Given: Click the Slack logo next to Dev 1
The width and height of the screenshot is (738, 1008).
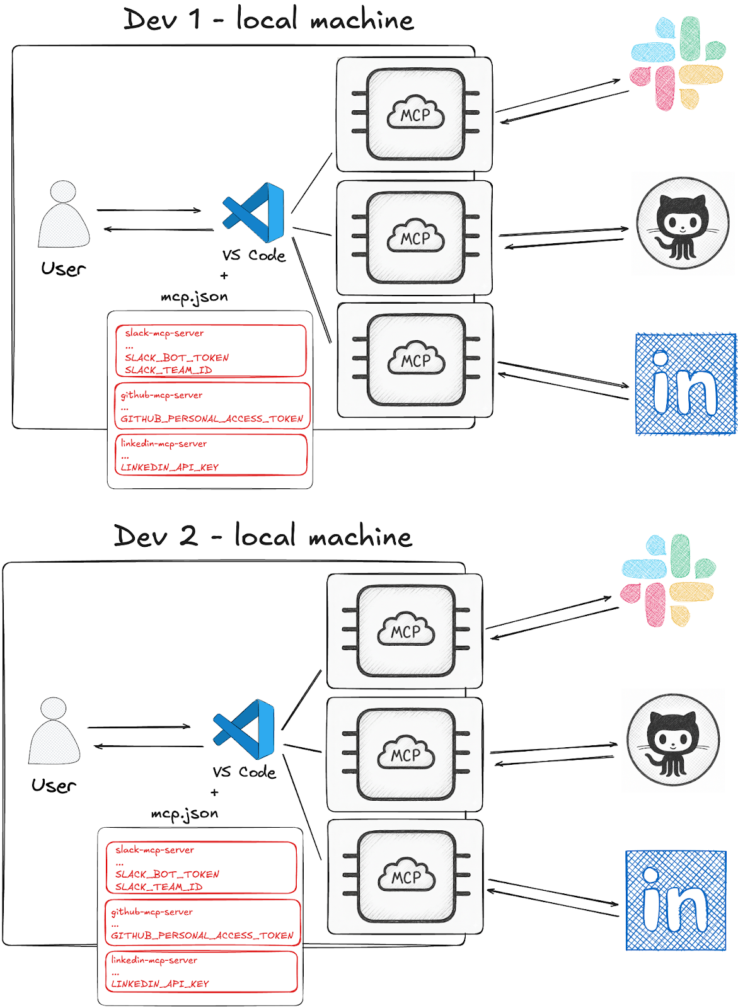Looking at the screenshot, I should click(x=677, y=64).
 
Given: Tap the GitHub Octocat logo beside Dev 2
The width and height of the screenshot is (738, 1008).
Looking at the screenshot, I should click(x=673, y=740).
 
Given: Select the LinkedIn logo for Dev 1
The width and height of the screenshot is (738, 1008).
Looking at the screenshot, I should click(x=686, y=384).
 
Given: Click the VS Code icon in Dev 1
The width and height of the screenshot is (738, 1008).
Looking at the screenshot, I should click(x=254, y=213).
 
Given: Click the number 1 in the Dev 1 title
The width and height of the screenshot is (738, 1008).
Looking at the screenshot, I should click(x=196, y=19).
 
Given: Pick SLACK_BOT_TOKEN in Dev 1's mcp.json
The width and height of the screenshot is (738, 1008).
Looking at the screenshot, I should click(x=176, y=358).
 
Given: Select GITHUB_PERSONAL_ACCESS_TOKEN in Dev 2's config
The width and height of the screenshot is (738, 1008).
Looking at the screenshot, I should click(x=202, y=936).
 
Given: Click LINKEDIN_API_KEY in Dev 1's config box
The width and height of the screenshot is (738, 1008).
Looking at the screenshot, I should click(x=170, y=467).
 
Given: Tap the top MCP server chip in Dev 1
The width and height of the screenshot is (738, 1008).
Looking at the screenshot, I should click(x=415, y=114).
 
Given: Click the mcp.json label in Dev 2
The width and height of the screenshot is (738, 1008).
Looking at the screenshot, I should click(x=185, y=814).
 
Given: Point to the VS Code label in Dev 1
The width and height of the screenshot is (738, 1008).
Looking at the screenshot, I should click(x=254, y=255).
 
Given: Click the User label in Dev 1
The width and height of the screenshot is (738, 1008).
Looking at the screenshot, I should click(x=63, y=269).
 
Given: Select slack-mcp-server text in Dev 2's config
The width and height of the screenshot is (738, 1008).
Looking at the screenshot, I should click(x=154, y=850).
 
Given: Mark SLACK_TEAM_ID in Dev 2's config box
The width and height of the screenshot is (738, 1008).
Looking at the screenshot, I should click(x=159, y=887).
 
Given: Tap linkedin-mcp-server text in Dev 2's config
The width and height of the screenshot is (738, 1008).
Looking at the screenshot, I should click(x=154, y=960).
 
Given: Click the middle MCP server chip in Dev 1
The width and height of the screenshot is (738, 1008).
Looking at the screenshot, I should click(x=415, y=238).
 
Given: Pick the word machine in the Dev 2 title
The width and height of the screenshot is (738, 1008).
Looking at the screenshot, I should click(x=360, y=537).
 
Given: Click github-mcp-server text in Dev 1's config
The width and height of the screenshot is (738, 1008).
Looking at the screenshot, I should click(x=162, y=395).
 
